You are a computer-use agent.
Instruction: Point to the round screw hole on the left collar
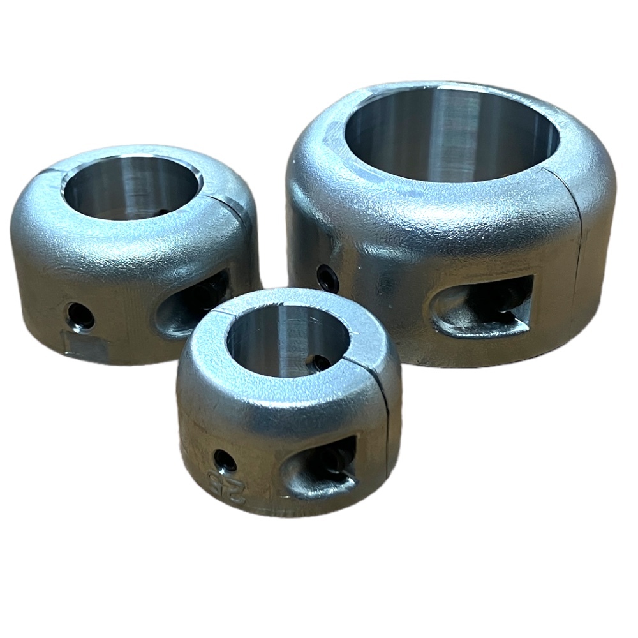click(81, 316)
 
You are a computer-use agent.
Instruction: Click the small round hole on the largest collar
click(327, 277)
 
